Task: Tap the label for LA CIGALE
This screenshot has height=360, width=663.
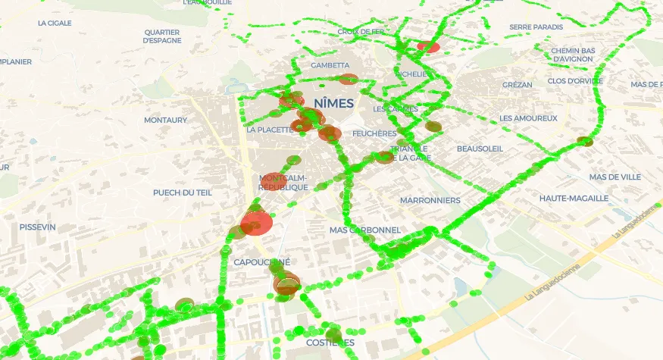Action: point(55,23)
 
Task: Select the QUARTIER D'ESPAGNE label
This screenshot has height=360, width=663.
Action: point(161,36)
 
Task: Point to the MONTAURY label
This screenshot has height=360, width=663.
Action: point(165,121)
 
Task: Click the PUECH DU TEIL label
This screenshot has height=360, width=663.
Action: point(183,193)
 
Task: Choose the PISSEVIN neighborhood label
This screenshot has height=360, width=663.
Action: point(38,227)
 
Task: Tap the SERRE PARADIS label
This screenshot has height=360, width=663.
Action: point(536,27)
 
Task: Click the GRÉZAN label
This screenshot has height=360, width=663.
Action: point(517,85)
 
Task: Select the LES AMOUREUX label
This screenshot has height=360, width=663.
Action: point(528,118)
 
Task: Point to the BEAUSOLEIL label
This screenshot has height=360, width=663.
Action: point(480,149)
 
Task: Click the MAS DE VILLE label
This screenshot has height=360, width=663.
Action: point(615,177)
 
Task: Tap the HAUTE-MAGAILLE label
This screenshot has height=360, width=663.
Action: point(574,199)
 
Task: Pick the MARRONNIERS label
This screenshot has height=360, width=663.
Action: point(430,201)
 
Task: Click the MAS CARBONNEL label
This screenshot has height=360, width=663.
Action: point(364,230)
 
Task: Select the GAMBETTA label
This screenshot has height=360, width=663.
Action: point(330,65)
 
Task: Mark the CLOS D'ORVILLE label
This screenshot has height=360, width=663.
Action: point(575,81)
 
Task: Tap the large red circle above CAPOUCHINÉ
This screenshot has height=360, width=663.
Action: point(257,224)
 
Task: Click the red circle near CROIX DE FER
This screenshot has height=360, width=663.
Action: point(428,46)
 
